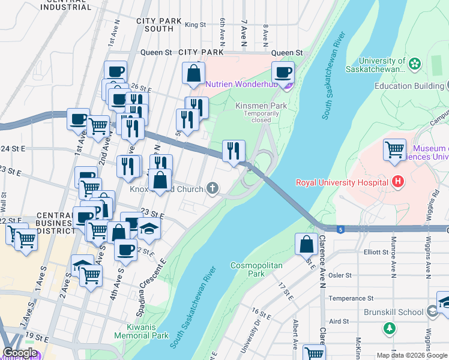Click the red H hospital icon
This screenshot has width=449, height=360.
pyautogui.click(x=396, y=181)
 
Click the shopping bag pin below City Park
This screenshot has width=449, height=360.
pyautogui.click(x=194, y=74)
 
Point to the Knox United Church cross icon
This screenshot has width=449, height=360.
pyautogui.click(x=212, y=190)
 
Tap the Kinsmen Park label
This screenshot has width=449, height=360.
pyautogui.click(x=261, y=106)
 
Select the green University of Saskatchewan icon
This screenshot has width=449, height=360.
pyautogui.click(x=415, y=63)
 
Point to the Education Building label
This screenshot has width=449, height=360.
pyautogui.click(x=409, y=86)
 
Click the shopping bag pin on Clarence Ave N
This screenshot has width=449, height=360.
pyautogui.click(x=306, y=244)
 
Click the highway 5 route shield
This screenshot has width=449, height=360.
pyautogui.click(x=341, y=229)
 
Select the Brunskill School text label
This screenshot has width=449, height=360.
pyautogui.click(x=393, y=312)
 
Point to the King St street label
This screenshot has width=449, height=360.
pyautogui.click(x=196, y=25)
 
